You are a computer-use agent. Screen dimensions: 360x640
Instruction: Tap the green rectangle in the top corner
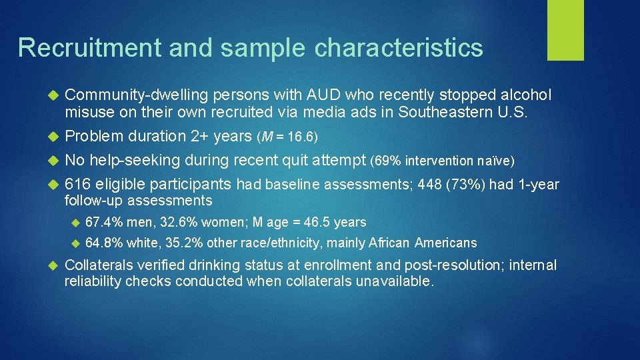click(x=565, y=29)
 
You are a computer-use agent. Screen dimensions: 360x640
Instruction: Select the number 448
click(x=429, y=185)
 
